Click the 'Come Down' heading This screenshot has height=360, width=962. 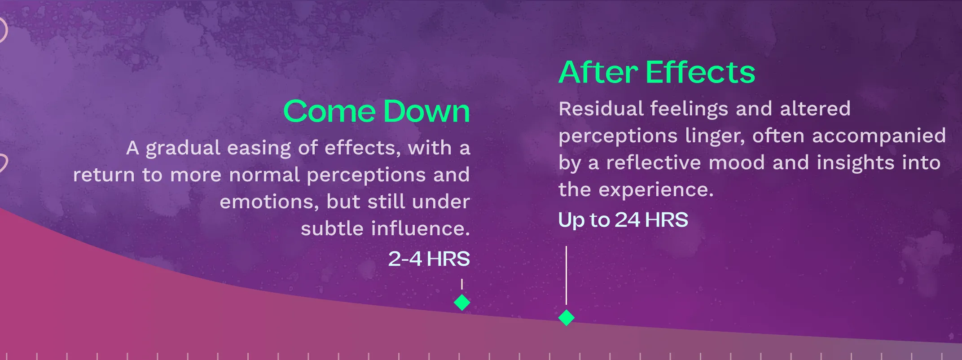coord(377,111)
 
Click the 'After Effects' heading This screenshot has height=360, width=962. coord(657,72)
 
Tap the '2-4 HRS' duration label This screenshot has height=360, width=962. coord(429,259)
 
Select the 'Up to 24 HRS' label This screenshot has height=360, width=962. coord(623,220)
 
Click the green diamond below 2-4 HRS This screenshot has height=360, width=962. coord(462,302)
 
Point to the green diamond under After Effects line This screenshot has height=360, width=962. coord(567,317)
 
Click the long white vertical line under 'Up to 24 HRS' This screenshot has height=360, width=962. coord(567,275)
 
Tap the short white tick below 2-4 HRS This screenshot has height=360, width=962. coord(462,284)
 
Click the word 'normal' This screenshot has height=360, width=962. coord(264,175)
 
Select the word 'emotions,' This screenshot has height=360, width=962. coord(269,202)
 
